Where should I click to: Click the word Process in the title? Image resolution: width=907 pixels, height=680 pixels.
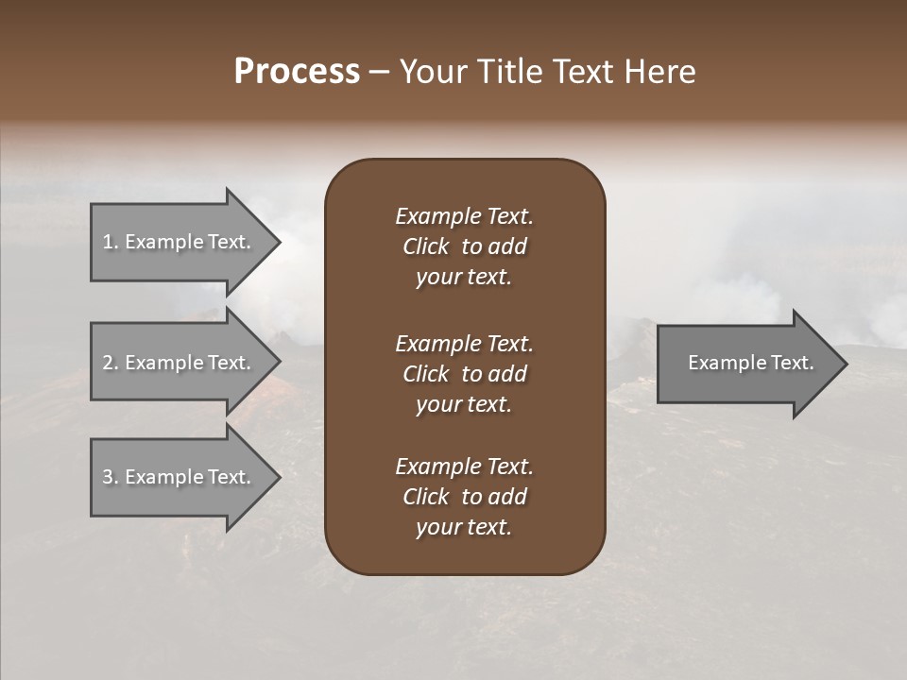click(297, 72)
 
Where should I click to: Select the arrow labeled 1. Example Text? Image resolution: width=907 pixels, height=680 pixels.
click(180, 242)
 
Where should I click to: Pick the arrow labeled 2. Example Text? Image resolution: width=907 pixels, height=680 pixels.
click(180, 363)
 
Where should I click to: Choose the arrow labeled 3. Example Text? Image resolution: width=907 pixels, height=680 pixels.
click(180, 477)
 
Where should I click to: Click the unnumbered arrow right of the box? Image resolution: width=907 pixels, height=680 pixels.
click(746, 363)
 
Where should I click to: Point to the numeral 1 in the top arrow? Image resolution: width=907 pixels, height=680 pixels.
click(108, 242)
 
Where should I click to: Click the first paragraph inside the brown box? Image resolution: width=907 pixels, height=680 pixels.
click(464, 246)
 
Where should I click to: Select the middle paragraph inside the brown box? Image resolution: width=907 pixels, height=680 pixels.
click(464, 373)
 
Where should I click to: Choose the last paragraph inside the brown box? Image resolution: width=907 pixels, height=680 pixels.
click(464, 497)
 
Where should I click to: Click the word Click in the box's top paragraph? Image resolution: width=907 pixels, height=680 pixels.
click(426, 246)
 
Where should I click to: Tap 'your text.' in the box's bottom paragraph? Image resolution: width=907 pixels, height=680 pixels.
click(464, 528)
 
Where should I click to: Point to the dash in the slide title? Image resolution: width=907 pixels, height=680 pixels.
click(379, 73)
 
